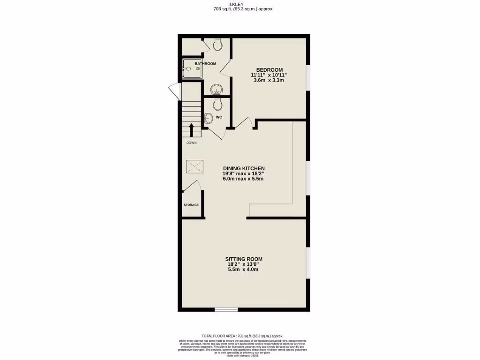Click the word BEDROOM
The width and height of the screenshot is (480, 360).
[269, 69]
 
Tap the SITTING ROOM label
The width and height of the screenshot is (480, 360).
[243, 259]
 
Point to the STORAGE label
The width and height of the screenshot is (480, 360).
[191, 205]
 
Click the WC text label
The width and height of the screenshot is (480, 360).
[218, 117]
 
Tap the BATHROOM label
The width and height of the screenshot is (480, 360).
[205, 63]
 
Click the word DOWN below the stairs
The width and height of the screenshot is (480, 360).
[191, 142]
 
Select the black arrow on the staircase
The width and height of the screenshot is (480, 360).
[191, 129]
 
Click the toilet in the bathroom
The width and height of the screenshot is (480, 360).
[217, 45]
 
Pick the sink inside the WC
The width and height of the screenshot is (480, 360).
[209, 119]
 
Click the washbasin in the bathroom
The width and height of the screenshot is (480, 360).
[216, 89]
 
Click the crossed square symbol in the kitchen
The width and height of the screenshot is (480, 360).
[195, 166]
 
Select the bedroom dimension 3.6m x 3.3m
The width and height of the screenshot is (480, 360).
[269, 80]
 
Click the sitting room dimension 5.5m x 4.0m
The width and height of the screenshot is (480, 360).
[243, 269]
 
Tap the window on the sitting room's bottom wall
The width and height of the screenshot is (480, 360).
[226, 309]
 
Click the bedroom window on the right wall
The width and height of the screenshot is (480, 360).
[307, 76]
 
